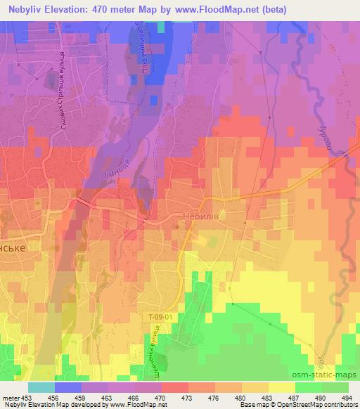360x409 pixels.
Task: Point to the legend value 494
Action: pos(347,398)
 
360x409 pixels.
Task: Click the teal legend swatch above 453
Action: pos(41,387)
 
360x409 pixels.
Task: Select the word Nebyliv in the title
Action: pos(28,10)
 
